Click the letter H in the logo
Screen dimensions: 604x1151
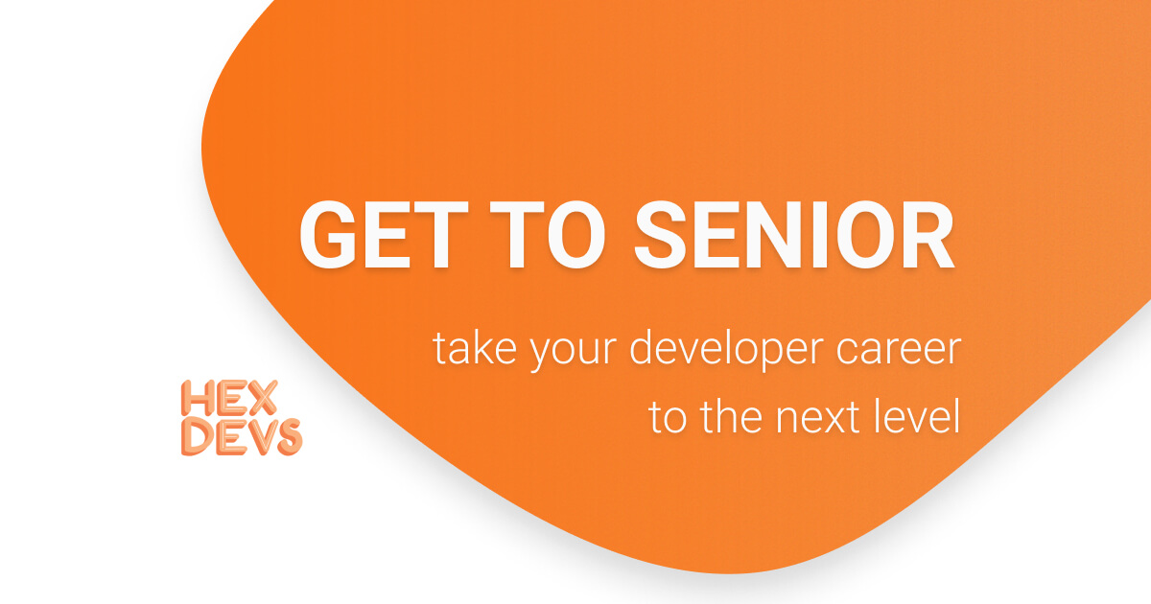pyautogui.click(x=196, y=400)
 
